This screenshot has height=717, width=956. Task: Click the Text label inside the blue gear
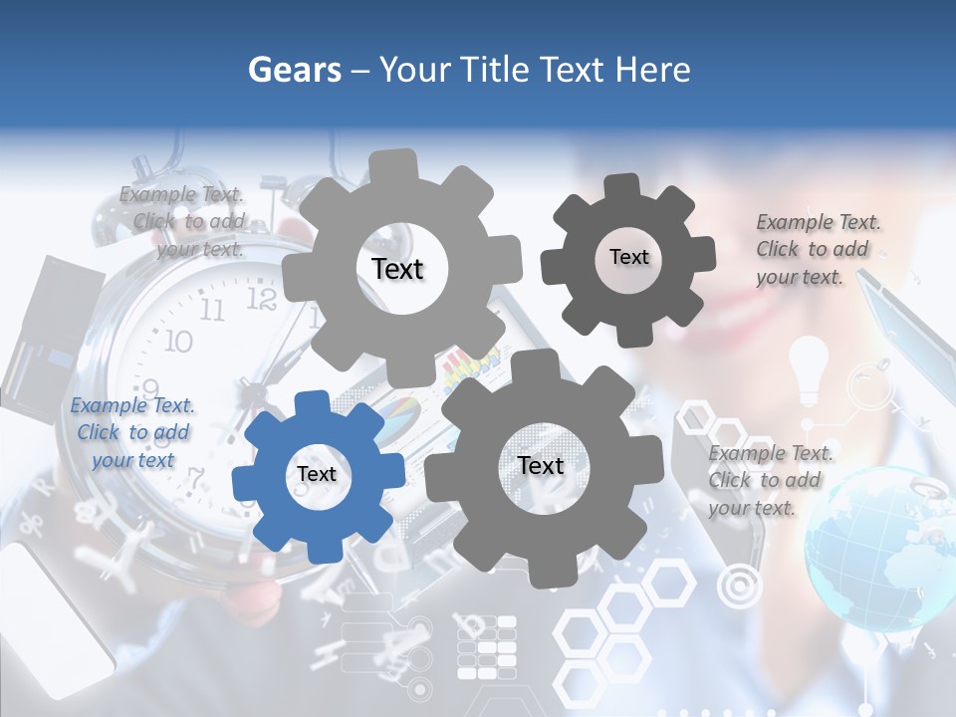[x=317, y=475]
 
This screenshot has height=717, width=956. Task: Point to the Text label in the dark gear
[x=628, y=257]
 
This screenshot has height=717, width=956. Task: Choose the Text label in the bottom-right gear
[x=541, y=465]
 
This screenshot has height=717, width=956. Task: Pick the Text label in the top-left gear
[x=397, y=269]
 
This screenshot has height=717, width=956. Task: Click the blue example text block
[x=132, y=433]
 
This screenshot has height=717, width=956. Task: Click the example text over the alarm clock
[x=184, y=222]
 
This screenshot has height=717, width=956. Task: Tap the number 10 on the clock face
[x=177, y=342]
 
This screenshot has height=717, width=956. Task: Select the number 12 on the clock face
[x=261, y=298]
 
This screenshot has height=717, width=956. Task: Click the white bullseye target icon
[x=738, y=587]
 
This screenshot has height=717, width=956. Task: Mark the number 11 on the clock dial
[x=212, y=311]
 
